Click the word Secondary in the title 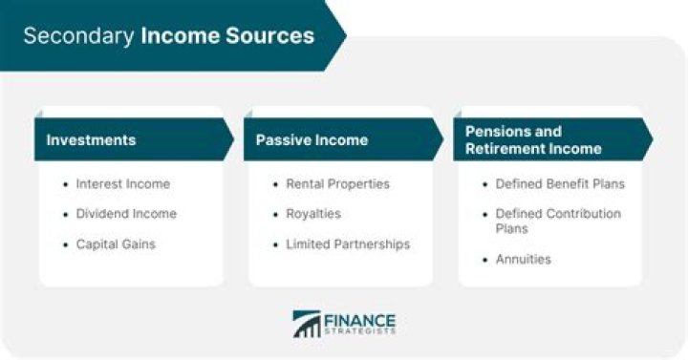pos(78,36)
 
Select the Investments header pos(92,140)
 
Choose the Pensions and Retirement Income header pos(533,139)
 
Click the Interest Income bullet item pos(122,184)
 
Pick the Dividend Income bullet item pos(126,214)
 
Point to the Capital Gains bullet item pos(116,244)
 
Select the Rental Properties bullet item pos(337,184)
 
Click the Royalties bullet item pos(313,214)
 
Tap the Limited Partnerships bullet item pos(348,244)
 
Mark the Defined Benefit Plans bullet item pos(557,184)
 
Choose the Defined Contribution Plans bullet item pos(557,222)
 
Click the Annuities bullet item pos(523,259)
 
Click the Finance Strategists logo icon pos(307,323)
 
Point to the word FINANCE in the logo pos(360,319)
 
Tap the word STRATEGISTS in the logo pos(360,332)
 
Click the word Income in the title pos(175,36)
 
